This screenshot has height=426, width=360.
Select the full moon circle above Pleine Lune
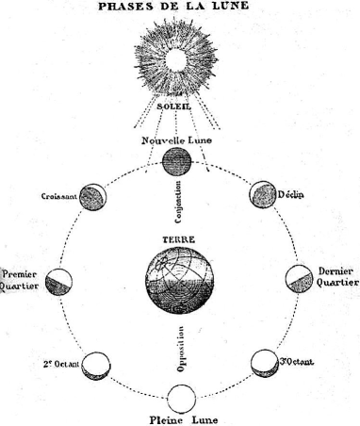coord(180,397)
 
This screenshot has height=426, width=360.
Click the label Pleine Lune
coord(180,418)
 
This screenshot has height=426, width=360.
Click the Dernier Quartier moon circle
coord(298,279)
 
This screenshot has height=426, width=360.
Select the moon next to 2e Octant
coord(95,363)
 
